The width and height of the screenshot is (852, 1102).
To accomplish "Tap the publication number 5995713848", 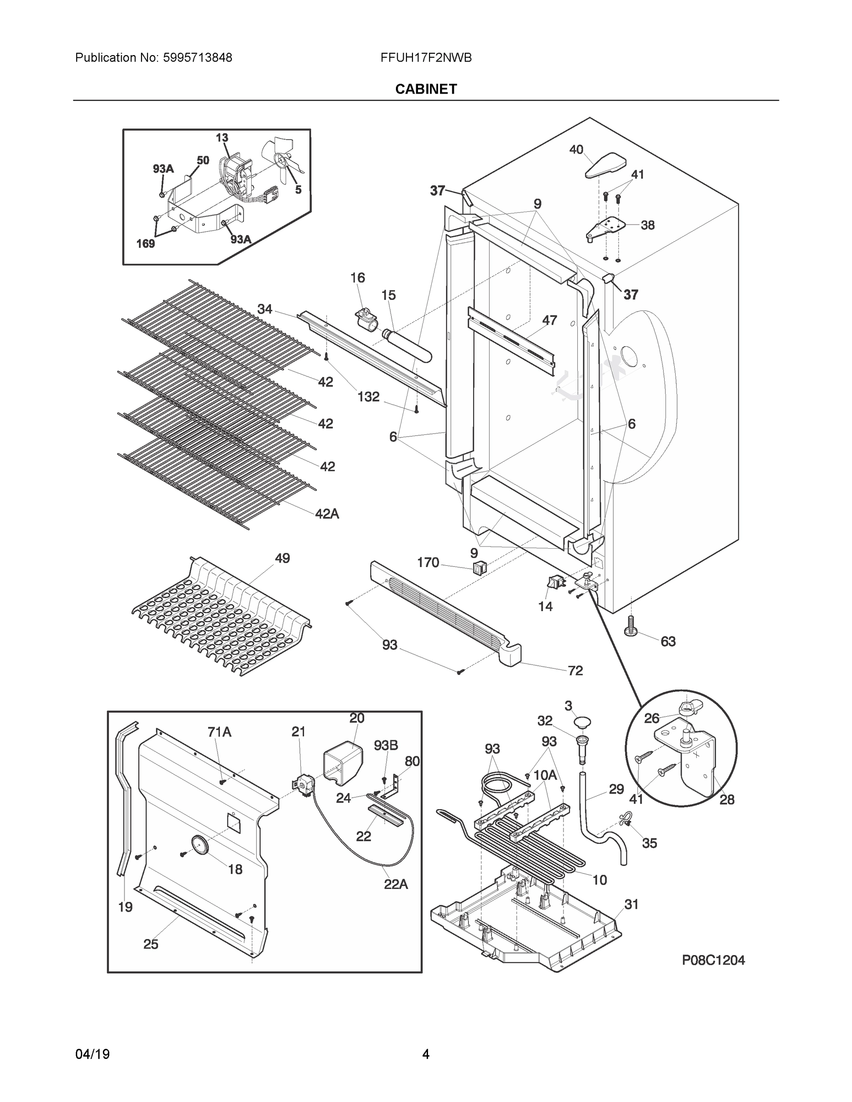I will click(197, 58).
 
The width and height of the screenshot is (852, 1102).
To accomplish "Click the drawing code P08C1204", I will click(713, 960).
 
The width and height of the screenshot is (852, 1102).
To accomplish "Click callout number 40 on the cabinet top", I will click(576, 149).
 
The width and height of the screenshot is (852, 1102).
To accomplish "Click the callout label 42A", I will click(327, 514).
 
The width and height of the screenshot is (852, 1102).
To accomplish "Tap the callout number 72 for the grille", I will click(575, 670).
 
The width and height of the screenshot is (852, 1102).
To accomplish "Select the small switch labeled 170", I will click(478, 568).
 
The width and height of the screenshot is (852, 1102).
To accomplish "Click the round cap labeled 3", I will click(580, 722).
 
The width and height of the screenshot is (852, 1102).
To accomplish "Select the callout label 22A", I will click(396, 884).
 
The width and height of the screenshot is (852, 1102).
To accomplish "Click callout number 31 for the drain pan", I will click(631, 904).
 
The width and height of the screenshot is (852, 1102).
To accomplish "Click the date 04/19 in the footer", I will click(92, 1054).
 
